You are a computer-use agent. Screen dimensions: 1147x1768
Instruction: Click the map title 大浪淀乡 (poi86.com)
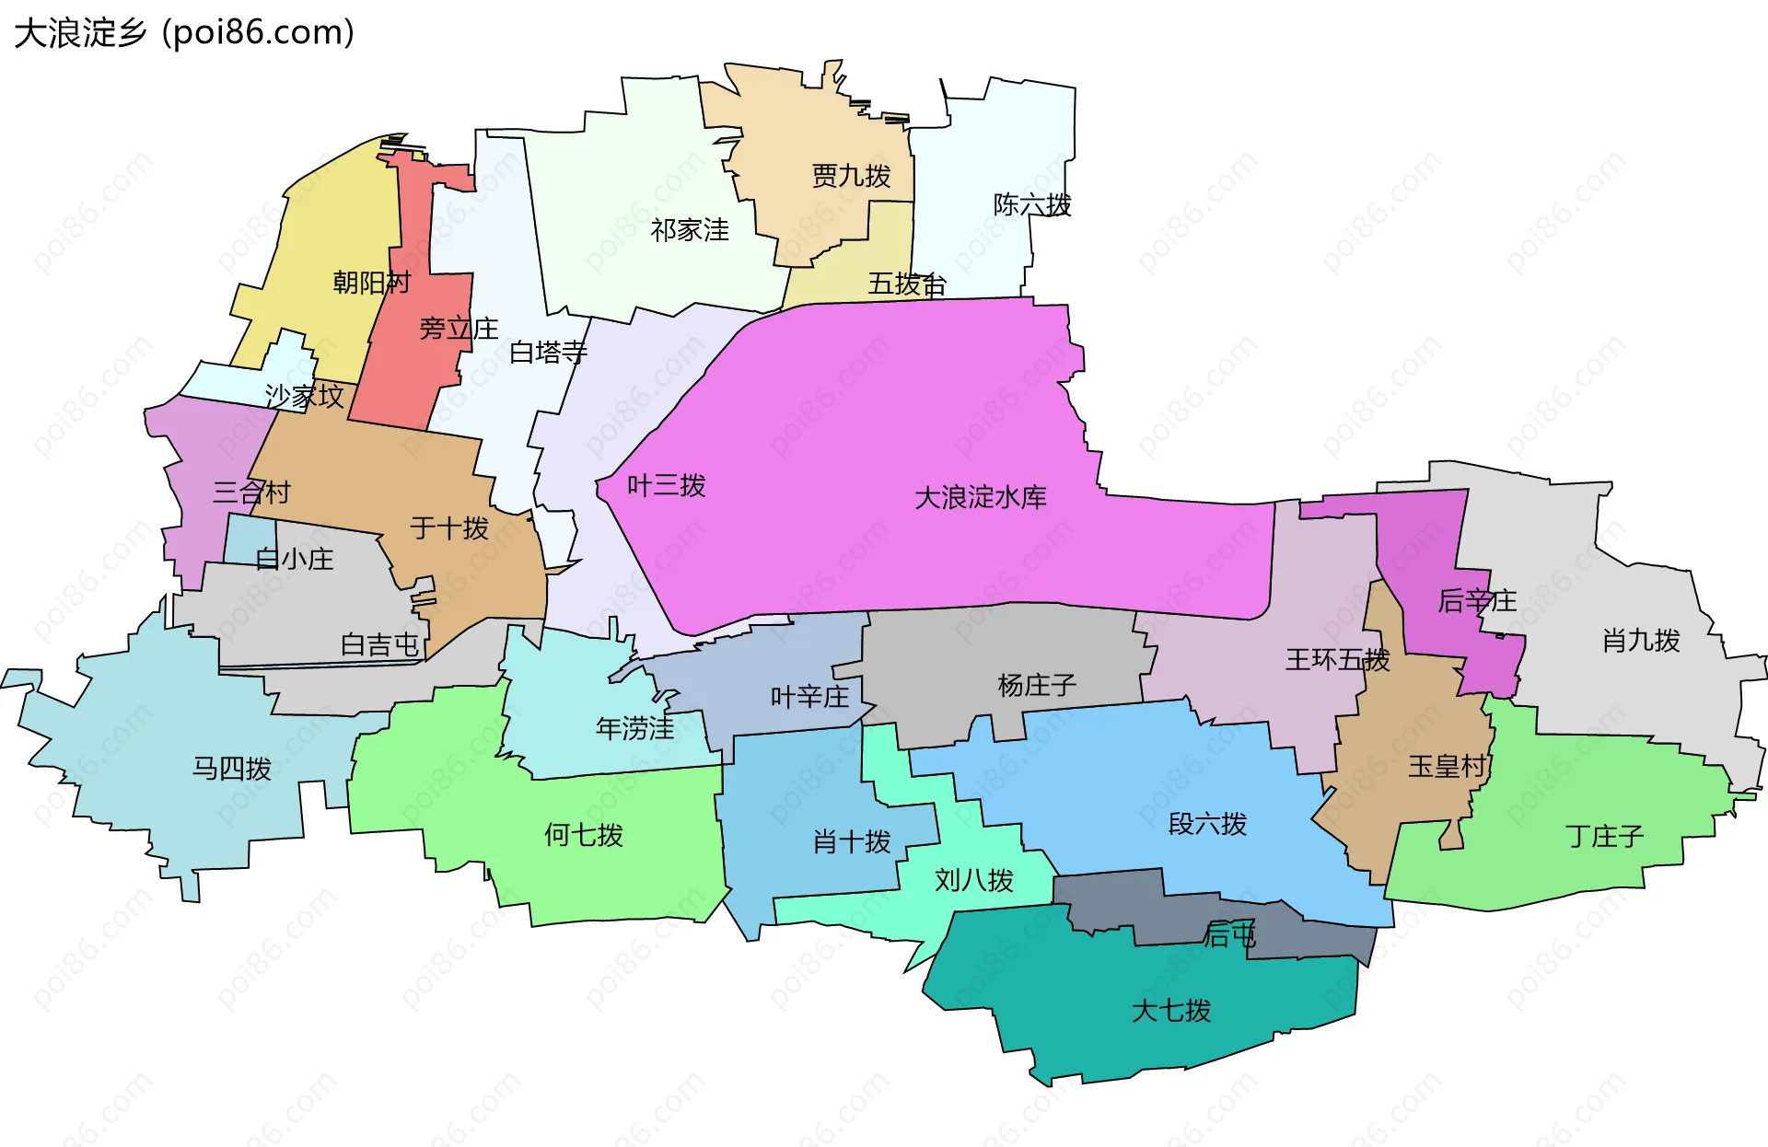184,33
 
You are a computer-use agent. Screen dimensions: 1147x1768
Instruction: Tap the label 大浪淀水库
980,498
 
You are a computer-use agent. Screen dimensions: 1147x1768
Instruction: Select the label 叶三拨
666,485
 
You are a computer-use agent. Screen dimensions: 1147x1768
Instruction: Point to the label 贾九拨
851,176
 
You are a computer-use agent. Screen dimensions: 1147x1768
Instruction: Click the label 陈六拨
1031,204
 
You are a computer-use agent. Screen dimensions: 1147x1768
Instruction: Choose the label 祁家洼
689,230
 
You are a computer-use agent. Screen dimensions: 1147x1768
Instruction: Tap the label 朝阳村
371,282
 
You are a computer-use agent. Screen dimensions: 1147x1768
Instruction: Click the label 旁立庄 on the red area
458,329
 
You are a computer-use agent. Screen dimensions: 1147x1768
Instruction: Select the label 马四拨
231,768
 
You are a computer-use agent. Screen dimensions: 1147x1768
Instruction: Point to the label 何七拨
583,835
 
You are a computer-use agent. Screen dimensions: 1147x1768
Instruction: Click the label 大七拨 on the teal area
1170,1010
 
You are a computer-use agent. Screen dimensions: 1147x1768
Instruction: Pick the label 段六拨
1206,823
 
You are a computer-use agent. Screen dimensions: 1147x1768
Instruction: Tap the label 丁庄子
1603,836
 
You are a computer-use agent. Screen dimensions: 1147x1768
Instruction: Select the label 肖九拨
1640,640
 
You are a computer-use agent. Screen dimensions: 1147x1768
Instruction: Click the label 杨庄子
1036,685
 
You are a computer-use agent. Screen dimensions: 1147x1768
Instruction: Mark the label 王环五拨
1336,659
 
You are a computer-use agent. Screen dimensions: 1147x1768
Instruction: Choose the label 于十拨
448,527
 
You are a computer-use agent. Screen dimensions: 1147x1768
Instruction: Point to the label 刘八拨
973,880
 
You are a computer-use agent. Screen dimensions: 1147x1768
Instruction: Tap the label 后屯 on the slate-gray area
1229,935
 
